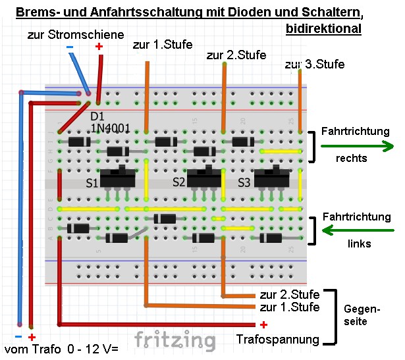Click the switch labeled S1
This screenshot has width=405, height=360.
tap(119, 178)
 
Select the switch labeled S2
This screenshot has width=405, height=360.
tap(202, 178)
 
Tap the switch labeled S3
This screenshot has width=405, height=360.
tap(271, 178)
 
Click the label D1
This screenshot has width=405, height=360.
tap(97, 116)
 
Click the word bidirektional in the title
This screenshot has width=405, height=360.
tap(324, 29)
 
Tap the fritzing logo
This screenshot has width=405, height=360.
tap(175, 340)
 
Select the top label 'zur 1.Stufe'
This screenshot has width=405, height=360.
tap(162, 45)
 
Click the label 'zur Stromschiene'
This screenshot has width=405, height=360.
tap(76, 34)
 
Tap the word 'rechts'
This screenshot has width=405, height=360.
tap(352, 158)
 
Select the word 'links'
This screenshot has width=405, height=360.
tap(359, 244)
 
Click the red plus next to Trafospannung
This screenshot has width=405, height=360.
tap(263, 324)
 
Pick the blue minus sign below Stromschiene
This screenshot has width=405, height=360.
tap(70, 47)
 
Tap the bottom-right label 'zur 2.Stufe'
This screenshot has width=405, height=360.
tap(290, 294)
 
